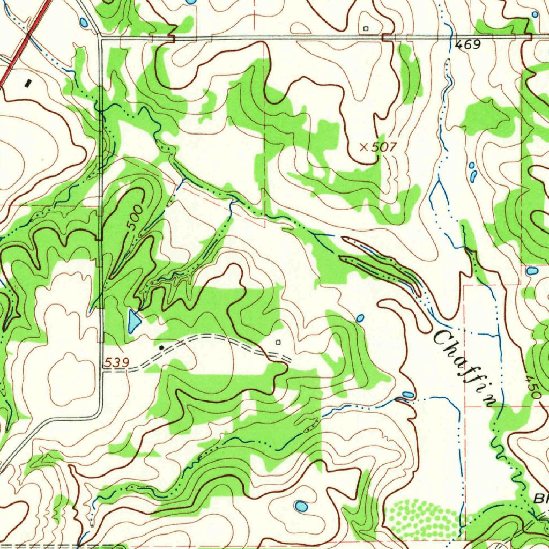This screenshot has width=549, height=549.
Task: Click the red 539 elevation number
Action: coord(116,363)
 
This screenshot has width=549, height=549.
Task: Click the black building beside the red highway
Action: coord(28,83)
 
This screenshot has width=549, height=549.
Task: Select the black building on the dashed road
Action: coord(162,347)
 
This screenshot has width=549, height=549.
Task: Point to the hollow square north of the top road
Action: coord(366,28)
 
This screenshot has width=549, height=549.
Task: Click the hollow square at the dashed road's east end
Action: coord(278,342)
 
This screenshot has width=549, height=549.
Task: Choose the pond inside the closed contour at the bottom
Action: coord(301,506)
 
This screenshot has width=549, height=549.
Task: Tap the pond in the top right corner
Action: coord(534,14)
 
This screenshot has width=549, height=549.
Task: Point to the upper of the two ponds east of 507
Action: coord(471,166)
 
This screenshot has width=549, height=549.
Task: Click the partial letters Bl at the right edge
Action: coord(540,499)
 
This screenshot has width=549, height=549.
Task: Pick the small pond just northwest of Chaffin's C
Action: coord(360,318)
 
